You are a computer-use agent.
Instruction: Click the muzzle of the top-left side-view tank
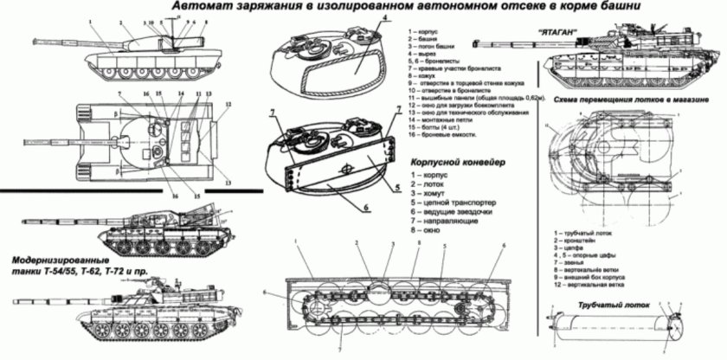(x=31, y=38)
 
